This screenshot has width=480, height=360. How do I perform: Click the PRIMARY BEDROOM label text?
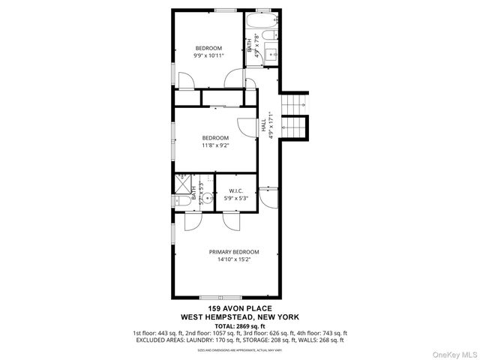(x=234, y=252)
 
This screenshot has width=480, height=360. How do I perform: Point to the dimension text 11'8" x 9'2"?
(x=215, y=145)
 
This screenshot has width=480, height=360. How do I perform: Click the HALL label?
(x=264, y=128)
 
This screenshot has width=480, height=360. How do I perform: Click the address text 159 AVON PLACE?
(x=239, y=308)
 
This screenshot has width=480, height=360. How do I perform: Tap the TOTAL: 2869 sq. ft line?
(x=240, y=326)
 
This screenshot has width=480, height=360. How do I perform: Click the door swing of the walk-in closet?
(x=231, y=218)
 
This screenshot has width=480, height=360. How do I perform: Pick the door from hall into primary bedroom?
(x=268, y=197)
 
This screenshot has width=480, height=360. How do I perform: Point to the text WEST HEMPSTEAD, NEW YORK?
(x=240, y=317)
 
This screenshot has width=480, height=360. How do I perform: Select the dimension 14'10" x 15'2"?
(x=234, y=260)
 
